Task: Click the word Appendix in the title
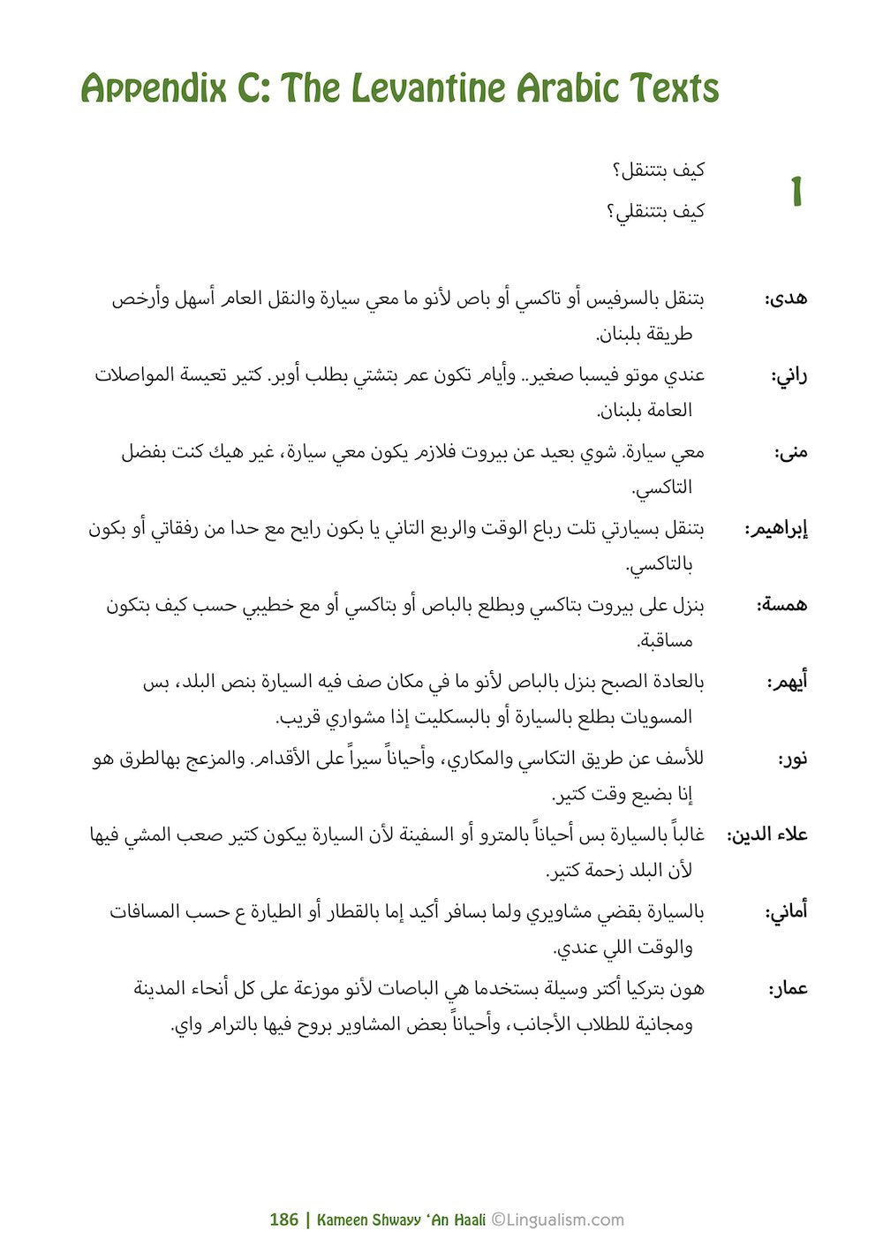151,90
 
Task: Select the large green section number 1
796,192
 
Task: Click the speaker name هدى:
785,298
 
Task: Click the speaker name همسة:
781,606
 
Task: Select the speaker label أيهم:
787,683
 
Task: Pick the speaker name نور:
792,759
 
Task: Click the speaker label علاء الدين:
766,835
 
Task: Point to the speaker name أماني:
786,912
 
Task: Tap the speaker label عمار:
788,989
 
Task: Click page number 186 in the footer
283,1220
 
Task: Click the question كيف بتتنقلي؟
654,212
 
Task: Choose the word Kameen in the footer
341,1220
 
